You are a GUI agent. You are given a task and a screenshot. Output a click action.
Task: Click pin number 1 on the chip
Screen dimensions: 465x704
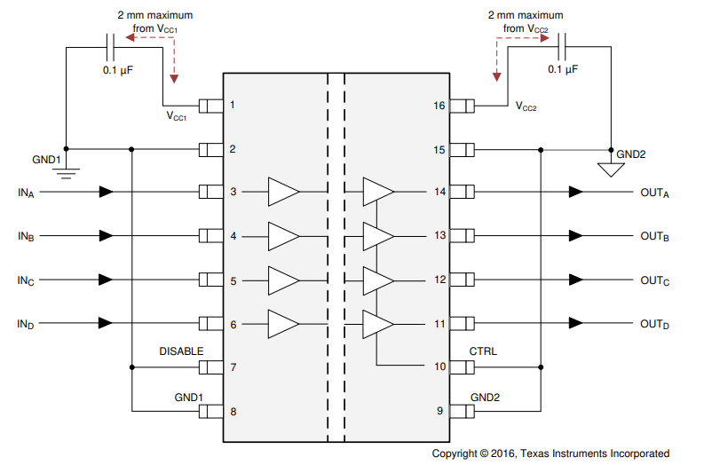click(233, 106)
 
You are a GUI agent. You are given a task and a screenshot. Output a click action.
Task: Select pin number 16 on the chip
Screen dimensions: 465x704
click(439, 106)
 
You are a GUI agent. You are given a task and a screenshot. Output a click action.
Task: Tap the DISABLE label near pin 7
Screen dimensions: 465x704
click(181, 351)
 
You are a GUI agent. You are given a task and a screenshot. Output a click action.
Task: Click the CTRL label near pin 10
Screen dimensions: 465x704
click(483, 351)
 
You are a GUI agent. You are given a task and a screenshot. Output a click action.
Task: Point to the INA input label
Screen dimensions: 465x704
click(26, 193)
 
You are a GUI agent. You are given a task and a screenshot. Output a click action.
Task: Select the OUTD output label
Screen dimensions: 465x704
click(654, 325)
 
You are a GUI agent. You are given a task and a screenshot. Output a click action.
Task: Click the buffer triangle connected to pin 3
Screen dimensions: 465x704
click(283, 191)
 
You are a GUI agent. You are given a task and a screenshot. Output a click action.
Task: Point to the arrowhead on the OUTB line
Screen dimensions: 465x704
click(576, 236)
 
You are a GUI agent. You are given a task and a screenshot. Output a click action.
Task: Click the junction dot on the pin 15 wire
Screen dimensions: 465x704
click(541, 149)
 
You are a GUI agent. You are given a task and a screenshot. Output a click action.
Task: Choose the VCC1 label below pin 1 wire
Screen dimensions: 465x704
click(176, 116)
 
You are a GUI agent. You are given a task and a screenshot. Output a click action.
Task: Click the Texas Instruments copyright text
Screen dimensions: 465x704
click(550, 453)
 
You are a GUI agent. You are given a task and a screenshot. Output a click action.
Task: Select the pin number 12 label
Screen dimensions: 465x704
click(439, 280)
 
